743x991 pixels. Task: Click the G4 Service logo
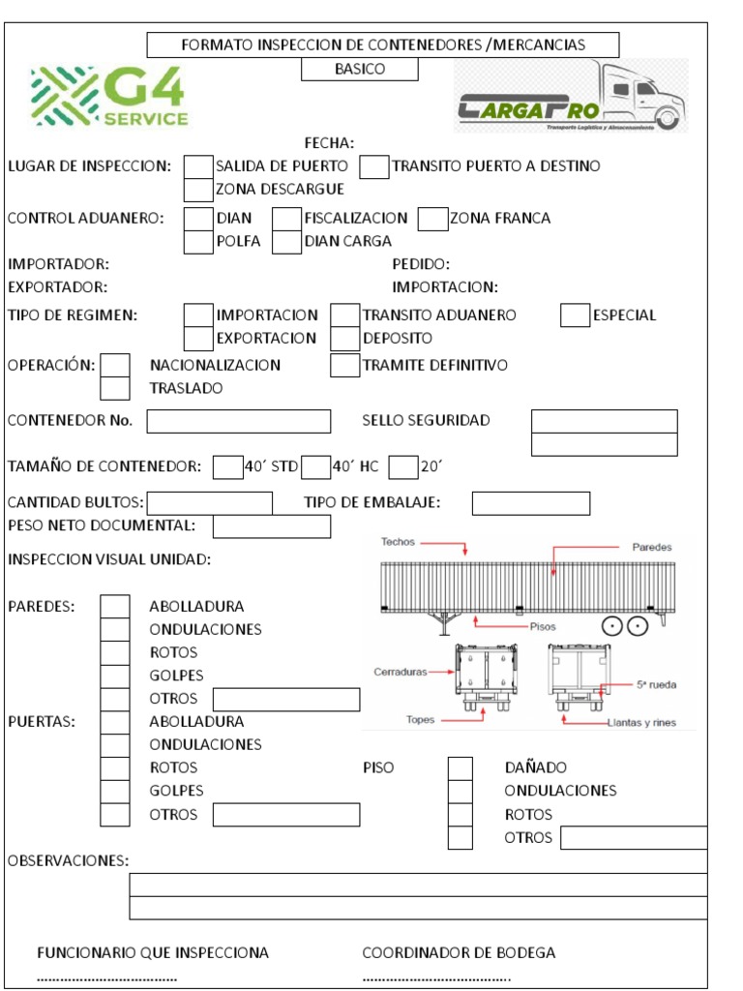(x=109, y=97)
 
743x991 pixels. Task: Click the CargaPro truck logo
(x=571, y=97)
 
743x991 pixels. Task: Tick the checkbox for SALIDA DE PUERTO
(x=198, y=166)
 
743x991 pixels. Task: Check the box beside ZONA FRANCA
(x=433, y=219)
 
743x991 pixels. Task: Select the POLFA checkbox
(x=198, y=242)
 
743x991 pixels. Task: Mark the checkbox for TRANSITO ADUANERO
(x=344, y=315)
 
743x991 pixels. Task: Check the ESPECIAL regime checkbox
(x=575, y=315)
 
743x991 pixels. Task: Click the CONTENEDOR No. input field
(x=238, y=421)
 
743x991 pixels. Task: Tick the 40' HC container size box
(x=315, y=467)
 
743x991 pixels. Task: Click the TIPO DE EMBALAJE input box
(x=530, y=503)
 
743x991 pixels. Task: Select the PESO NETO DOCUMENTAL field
(x=271, y=526)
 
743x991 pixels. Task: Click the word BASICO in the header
(x=360, y=70)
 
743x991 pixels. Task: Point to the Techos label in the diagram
(x=398, y=542)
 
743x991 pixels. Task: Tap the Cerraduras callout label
(x=400, y=671)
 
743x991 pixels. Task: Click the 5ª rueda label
(x=656, y=685)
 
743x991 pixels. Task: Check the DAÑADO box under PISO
(x=461, y=768)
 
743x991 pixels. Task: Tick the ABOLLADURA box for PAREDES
(x=115, y=607)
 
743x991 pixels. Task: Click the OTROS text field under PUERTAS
(x=285, y=815)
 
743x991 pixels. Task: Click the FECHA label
(x=329, y=143)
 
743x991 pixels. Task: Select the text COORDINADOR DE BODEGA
(x=459, y=953)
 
